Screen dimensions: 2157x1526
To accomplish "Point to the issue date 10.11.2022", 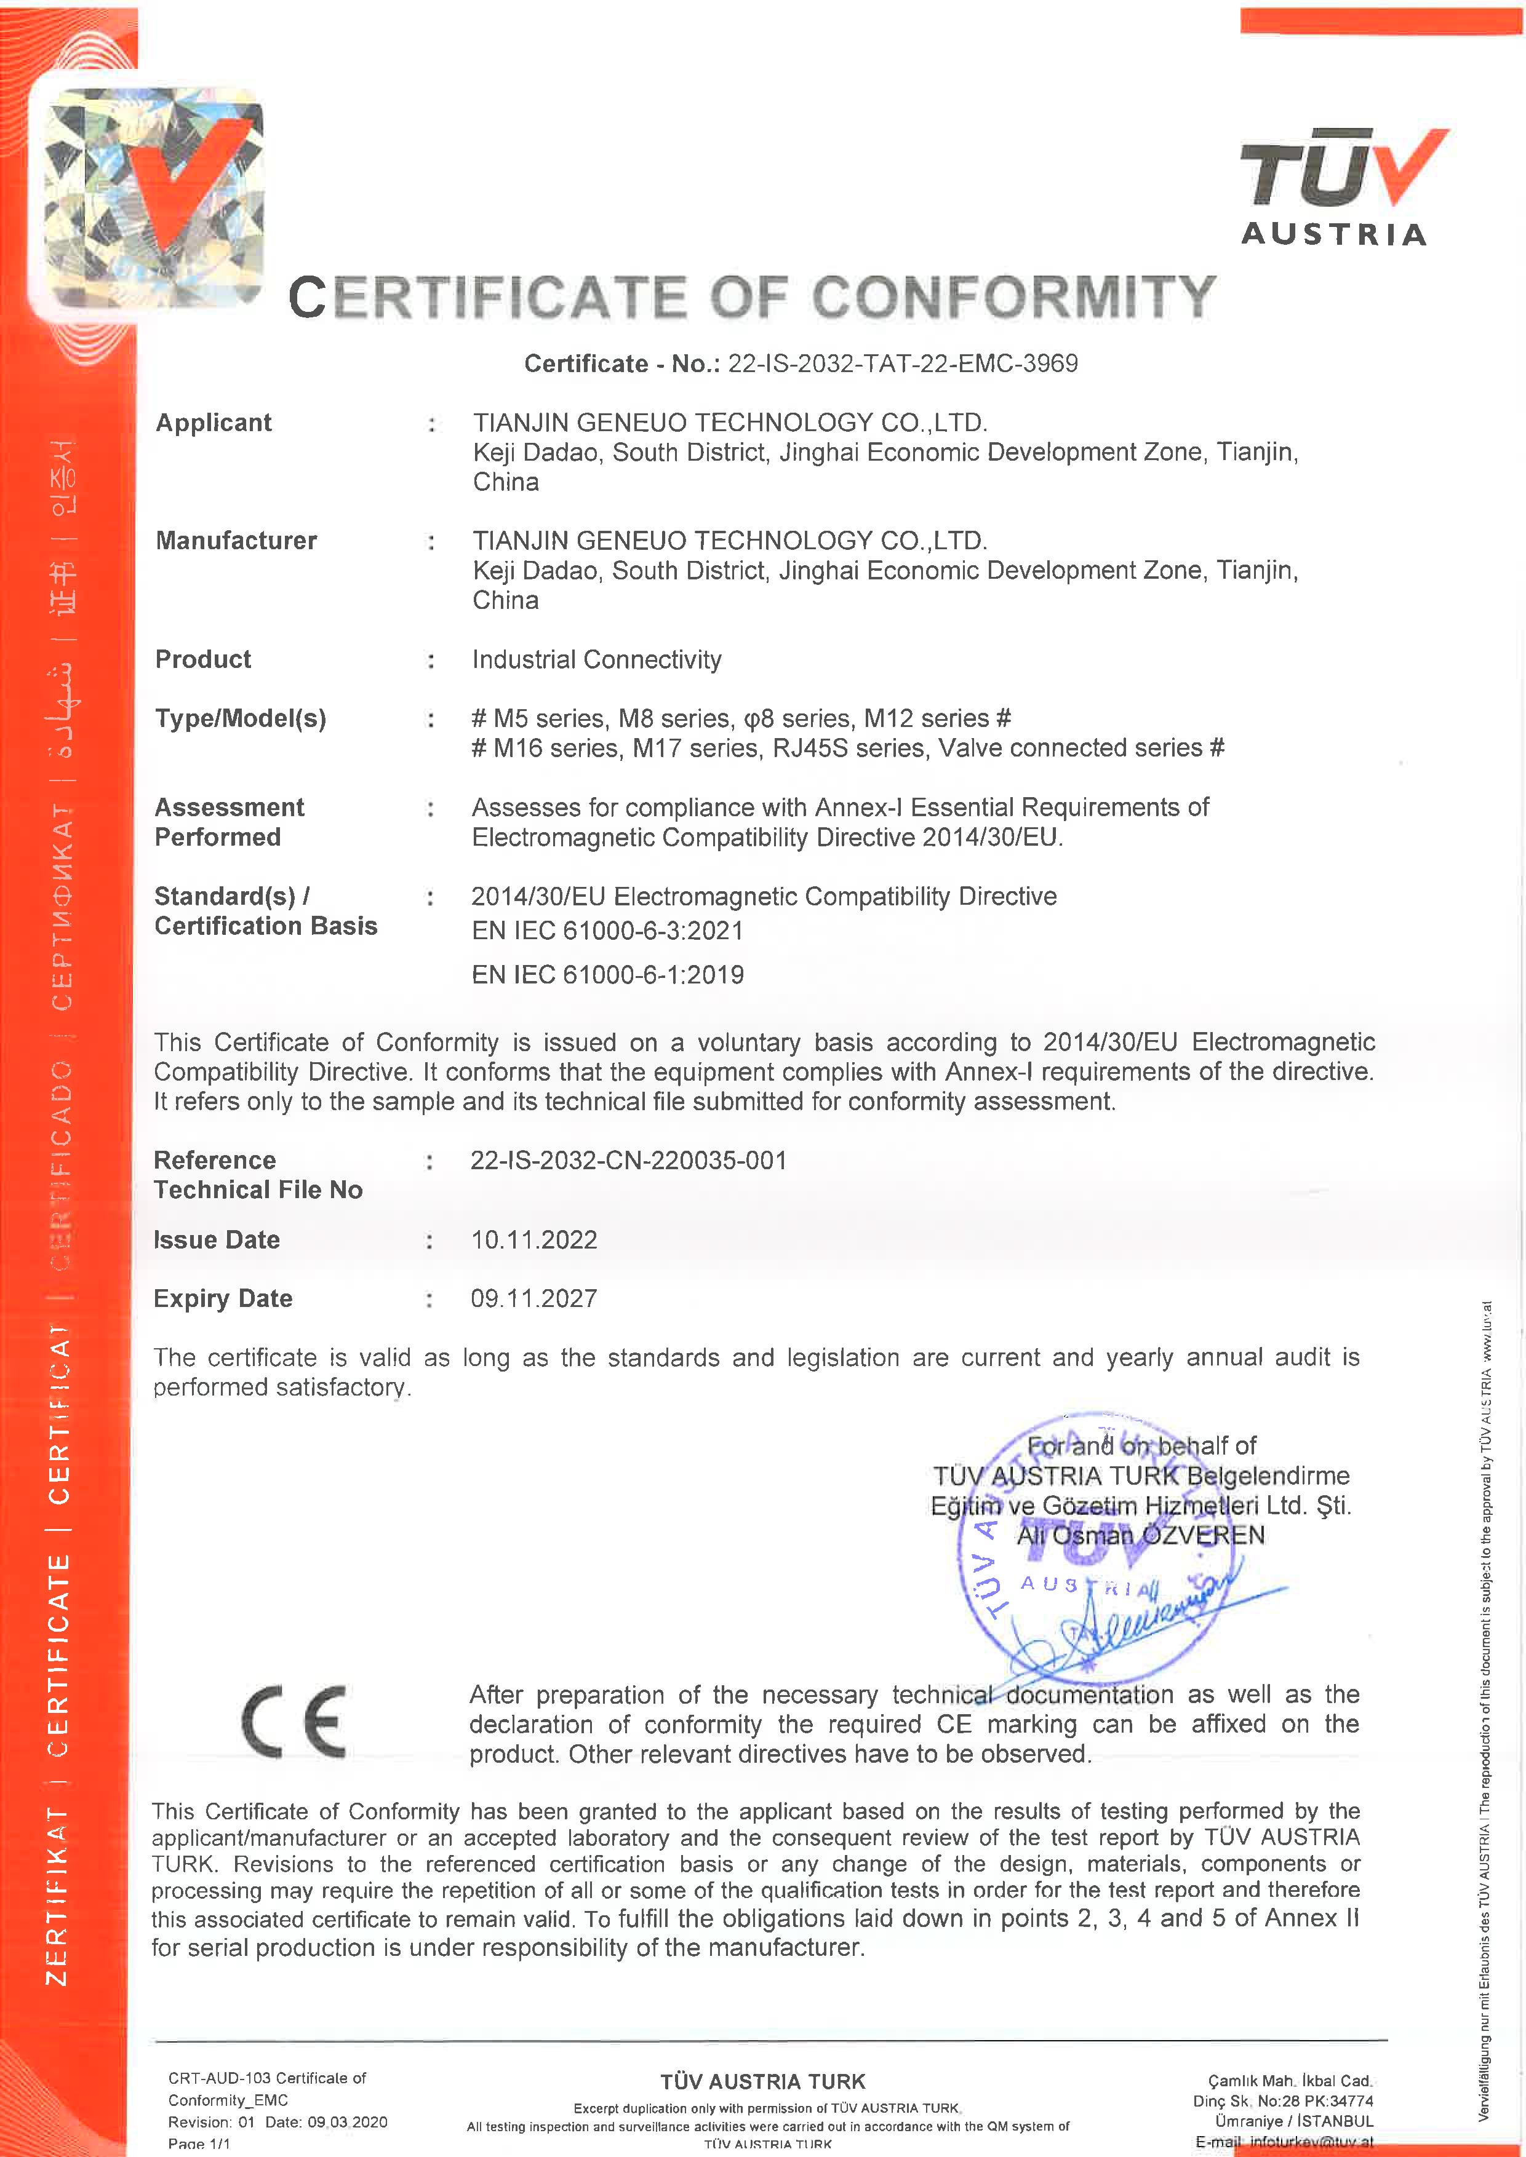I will (533, 1240).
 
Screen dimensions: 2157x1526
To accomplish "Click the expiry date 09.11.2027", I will (533, 1298).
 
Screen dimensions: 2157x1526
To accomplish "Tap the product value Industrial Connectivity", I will (597, 659).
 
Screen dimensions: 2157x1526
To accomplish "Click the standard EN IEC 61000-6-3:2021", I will (607, 931).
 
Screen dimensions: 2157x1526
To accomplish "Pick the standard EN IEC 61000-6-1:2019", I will (607, 975).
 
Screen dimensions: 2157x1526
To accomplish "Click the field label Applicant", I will (214, 423).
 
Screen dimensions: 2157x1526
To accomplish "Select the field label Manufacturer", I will (236, 541).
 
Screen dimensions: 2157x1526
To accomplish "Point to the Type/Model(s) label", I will (241, 718).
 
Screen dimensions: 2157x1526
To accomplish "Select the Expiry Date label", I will (223, 1298).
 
